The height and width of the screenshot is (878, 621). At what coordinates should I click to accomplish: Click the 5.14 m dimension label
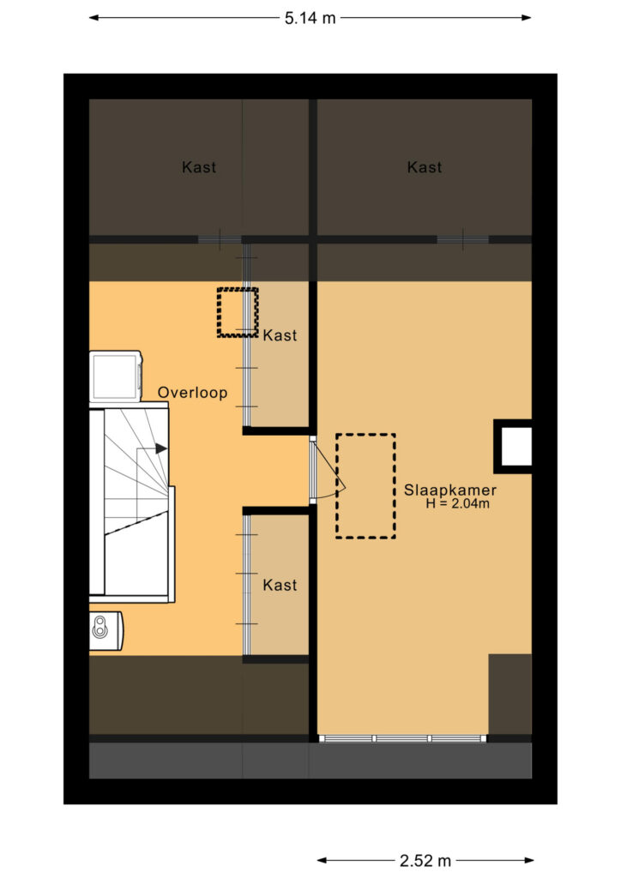[310, 18]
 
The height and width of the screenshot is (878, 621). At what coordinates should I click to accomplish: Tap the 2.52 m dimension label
[425, 860]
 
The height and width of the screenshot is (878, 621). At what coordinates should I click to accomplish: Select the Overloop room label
[193, 393]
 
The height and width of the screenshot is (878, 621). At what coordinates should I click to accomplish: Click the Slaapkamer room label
[450, 490]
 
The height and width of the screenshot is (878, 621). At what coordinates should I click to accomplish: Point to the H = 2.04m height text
[457, 503]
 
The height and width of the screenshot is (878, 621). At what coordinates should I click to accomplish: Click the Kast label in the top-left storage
[199, 167]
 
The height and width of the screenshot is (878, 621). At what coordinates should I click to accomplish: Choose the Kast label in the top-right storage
[425, 167]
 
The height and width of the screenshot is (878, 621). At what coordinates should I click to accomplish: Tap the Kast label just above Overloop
[280, 335]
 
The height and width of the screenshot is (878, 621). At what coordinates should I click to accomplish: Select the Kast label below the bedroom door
[280, 585]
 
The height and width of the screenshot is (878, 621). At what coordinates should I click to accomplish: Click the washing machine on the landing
[115, 376]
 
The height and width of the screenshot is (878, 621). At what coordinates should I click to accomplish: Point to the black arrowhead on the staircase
[161, 448]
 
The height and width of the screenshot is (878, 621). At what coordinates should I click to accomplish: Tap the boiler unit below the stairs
[106, 630]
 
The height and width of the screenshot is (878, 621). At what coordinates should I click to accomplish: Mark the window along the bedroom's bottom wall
[402, 738]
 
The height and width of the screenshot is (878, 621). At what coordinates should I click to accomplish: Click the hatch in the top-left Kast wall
[220, 240]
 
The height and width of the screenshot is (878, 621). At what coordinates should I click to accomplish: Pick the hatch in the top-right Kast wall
[462, 240]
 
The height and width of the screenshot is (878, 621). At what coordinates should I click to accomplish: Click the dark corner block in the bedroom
[510, 695]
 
